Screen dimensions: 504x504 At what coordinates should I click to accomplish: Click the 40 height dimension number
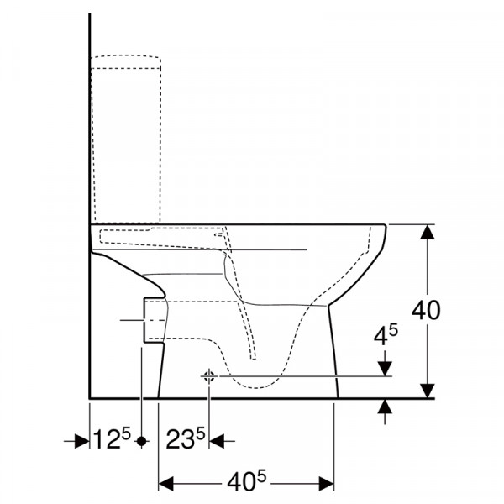coord(426,311)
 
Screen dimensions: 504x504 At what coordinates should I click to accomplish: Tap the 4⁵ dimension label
coord(386,335)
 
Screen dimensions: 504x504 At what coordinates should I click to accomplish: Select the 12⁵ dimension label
coord(112,439)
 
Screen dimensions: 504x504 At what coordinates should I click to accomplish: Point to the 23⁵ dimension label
coord(186,439)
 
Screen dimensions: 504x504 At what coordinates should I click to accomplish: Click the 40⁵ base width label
coord(247,481)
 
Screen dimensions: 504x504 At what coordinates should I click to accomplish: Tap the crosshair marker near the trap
coord(209,376)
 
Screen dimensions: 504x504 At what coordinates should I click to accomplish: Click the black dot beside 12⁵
coord(141,441)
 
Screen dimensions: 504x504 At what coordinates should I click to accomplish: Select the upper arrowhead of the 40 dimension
coord(428,232)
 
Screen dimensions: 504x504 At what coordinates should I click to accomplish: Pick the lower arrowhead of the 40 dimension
coord(428,391)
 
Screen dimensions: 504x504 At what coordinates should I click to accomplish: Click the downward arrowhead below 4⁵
coord(385,369)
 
